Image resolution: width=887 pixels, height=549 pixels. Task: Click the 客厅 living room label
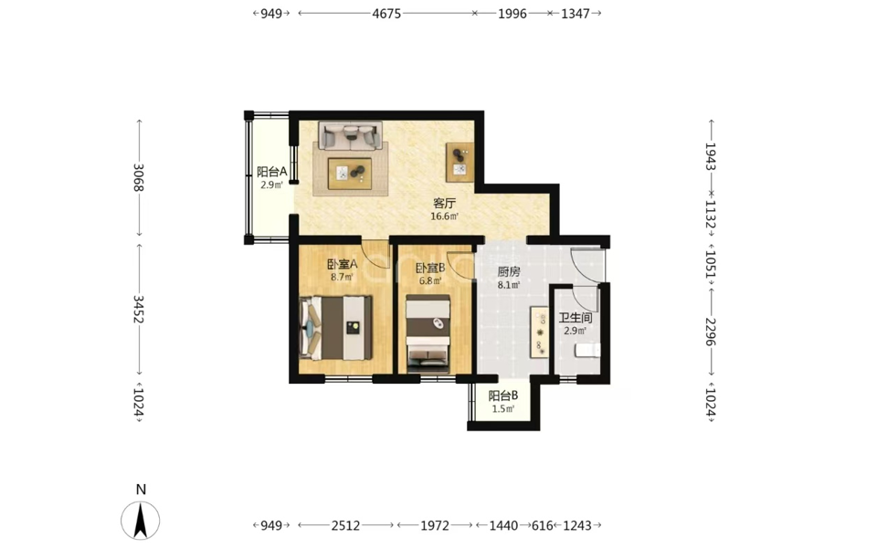[x=444, y=203]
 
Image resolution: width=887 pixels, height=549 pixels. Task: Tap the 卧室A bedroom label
[x=343, y=264]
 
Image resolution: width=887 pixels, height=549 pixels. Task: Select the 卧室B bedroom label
[x=430, y=268]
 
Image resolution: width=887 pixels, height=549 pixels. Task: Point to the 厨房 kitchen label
[x=509, y=272]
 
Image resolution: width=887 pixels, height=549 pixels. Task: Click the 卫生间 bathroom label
[x=575, y=318]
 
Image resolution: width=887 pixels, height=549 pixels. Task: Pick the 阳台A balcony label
[x=272, y=172]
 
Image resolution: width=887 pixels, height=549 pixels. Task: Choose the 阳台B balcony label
[x=503, y=396]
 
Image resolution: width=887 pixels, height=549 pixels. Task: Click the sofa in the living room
[x=350, y=136]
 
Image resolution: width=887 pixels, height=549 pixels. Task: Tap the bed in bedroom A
[x=336, y=328]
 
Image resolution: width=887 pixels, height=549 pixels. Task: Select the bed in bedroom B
[x=428, y=333]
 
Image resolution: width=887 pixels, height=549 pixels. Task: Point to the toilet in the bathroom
[x=587, y=351]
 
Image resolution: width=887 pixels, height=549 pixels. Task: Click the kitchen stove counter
[x=539, y=332]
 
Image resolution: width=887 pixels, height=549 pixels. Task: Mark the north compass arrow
[x=141, y=520]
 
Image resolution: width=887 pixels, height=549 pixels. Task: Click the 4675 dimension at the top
[x=387, y=14]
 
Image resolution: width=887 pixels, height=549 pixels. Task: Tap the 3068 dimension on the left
[x=138, y=177]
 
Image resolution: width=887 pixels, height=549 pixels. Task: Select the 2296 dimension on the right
[x=711, y=333]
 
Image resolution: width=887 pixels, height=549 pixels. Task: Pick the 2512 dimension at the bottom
[x=345, y=526]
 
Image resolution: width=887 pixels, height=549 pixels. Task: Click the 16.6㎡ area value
[x=444, y=216]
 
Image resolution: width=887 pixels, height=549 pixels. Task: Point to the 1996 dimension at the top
[x=512, y=14]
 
